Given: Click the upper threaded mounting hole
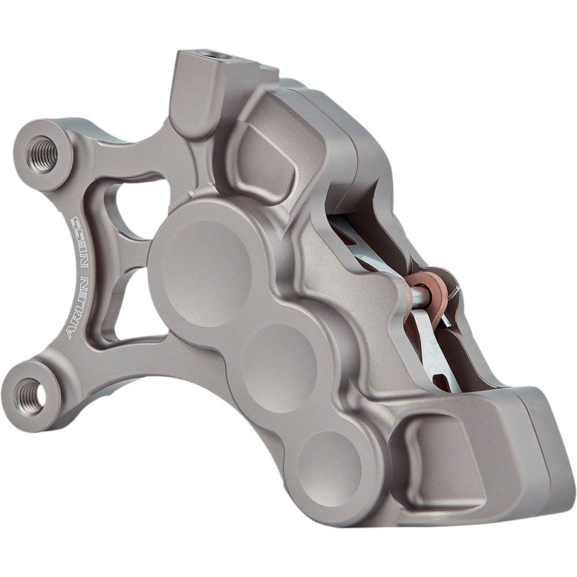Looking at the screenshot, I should coord(43,154).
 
